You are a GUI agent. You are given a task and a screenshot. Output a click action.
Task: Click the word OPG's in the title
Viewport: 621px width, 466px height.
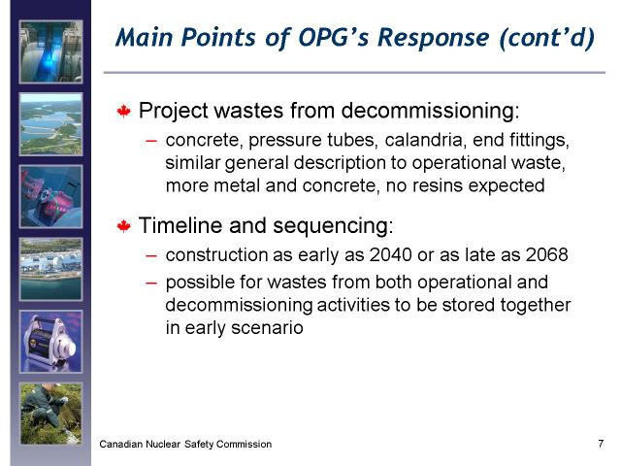tap(334, 37)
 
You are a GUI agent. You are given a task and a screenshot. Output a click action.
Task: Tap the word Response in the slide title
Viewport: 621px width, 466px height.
tap(434, 39)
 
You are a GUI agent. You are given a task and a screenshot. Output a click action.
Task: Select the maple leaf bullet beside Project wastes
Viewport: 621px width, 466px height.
tap(124, 111)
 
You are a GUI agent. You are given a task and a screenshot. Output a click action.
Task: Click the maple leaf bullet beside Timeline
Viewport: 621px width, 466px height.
tap(124, 226)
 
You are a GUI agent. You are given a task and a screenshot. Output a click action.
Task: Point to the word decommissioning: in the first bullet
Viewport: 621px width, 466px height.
tap(430, 111)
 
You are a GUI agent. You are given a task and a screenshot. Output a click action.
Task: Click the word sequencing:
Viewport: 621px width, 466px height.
tap(333, 226)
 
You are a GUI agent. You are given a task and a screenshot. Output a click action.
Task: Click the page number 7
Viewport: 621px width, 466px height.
tap(601, 444)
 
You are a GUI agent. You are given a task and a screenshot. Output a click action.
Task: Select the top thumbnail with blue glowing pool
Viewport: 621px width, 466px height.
tap(51, 51)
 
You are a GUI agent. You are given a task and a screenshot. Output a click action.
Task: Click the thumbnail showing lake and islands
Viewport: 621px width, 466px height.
tap(51, 124)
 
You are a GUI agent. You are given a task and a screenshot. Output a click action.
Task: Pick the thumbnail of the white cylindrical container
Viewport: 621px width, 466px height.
tap(51, 342)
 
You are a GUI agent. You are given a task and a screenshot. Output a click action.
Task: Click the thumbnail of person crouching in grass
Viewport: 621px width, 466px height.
tap(51, 414)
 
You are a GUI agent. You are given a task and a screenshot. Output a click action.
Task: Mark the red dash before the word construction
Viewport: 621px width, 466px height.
tap(151, 256)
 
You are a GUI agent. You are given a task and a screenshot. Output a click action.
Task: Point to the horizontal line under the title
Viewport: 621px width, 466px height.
tap(354, 73)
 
